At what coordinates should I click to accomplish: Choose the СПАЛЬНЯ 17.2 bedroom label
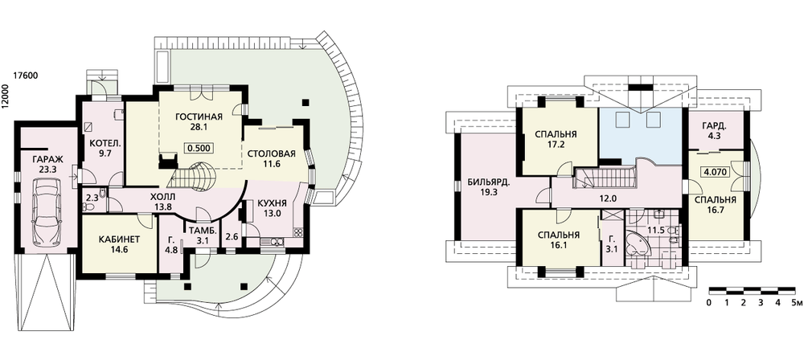click(x=556, y=138)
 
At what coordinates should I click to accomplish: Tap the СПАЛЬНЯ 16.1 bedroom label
click(x=556, y=241)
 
